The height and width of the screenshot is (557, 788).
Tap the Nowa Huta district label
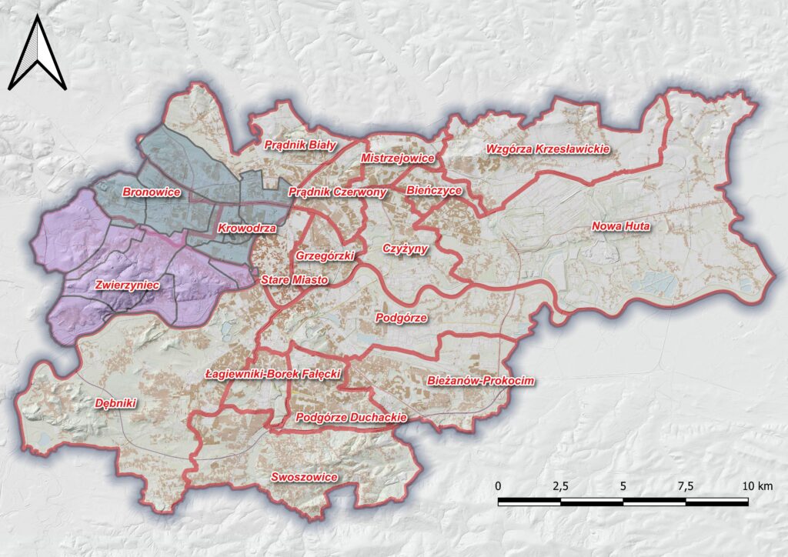pos(622,227)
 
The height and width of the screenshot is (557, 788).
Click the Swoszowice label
pos(305,478)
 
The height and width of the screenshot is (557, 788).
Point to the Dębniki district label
pos(115,403)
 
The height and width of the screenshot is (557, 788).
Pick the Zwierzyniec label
pos(127,285)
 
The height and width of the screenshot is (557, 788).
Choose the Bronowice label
pos(152,192)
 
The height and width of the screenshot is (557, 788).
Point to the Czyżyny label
pos(406,248)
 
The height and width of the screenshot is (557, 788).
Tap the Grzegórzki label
pos(325,255)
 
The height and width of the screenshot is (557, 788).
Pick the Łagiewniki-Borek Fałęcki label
pos(274,375)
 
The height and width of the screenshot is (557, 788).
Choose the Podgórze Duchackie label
pos(351,418)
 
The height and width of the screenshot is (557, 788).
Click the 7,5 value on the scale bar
pos(686,486)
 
